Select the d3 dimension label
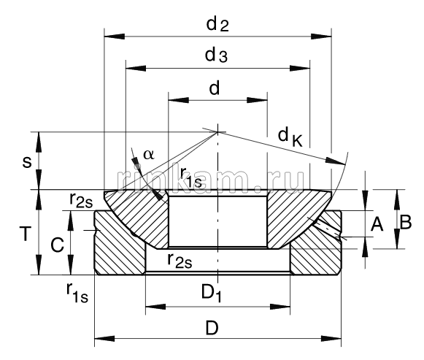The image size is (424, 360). pyautogui.click(x=217, y=56)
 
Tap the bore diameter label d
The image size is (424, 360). pyautogui.click(x=215, y=88)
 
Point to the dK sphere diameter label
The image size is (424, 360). pyautogui.click(x=290, y=137)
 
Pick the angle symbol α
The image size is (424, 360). pyautogui.click(x=149, y=154)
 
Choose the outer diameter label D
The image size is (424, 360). pyautogui.click(x=212, y=328)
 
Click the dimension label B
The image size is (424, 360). pyautogui.click(x=406, y=223)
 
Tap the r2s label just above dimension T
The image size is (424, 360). pyautogui.click(x=81, y=199)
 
